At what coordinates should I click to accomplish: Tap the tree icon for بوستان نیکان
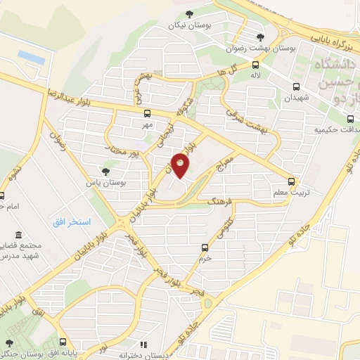point(188,13)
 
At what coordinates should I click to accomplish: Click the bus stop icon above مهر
point(147,113)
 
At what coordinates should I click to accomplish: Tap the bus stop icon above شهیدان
point(296,87)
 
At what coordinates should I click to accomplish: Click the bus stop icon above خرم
point(205,247)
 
